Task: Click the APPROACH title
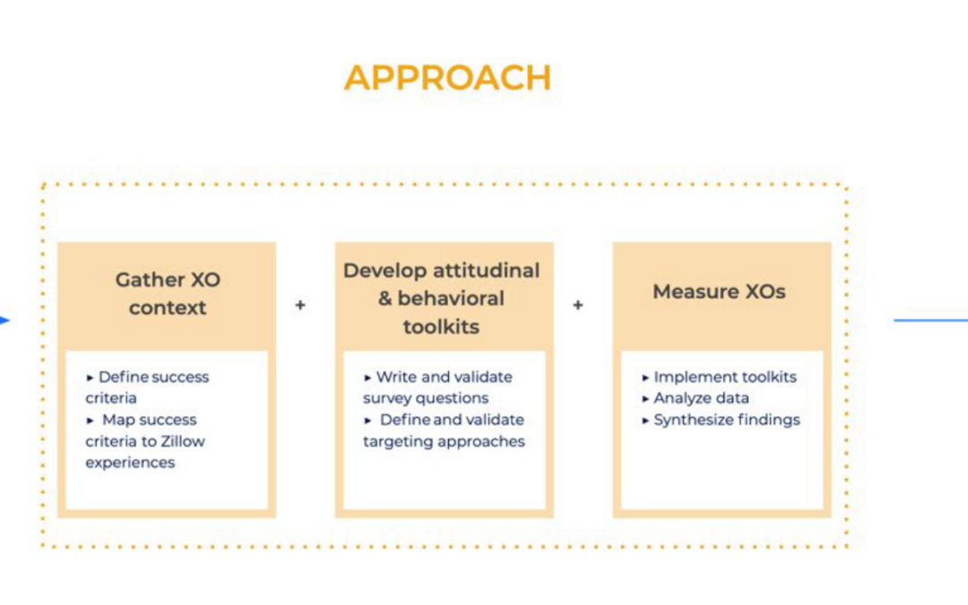(447, 78)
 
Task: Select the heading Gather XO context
(168, 293)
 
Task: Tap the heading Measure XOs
(719, 291)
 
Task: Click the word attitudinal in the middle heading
(486, 271)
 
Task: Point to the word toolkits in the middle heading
(441, 326)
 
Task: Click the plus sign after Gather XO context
(300, 305)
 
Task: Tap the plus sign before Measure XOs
(578, 305)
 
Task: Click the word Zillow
(184, 441)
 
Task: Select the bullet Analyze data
(701, 398)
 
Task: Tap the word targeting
(392, 442)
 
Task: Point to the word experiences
(130, 463)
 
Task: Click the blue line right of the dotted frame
(930, 320)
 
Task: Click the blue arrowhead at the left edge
(5, 320)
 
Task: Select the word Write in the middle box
(393, 376)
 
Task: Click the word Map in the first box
(115, 419)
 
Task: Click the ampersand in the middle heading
(385, 298)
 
